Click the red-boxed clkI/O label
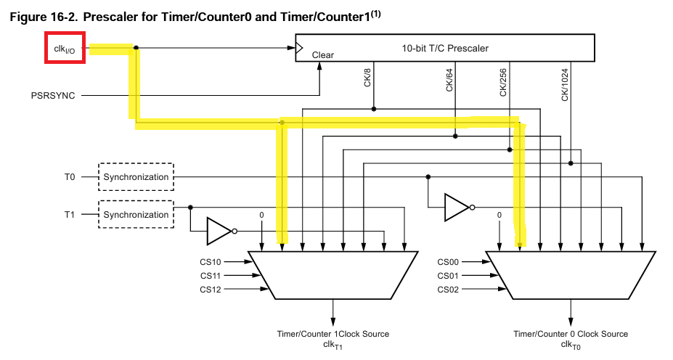tap(65, 48)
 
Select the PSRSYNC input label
tap(53, 95)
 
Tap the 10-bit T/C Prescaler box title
tap(445, 49)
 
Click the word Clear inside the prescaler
tap(323, 54)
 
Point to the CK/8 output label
tap(367, 77)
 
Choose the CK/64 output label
tap(449, 78)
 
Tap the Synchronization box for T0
tap(136, 177)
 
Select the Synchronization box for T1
tap(136, 215)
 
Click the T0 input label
tap(70, 177)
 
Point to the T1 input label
tap(70, 215)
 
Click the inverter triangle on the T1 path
tap(219, 231)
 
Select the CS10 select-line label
tap(211, 262)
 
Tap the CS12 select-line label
tap(211, 290)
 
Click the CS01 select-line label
tap(448, 276)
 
